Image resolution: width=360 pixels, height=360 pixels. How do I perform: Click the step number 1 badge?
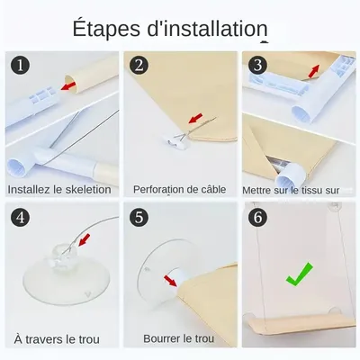(21, 65)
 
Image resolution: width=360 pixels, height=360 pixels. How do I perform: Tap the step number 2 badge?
(139, 65)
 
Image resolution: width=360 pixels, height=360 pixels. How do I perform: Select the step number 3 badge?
(257, 65)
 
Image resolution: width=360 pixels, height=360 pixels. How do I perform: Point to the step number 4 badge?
(21, 217)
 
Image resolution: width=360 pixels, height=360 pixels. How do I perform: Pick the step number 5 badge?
(139, 217)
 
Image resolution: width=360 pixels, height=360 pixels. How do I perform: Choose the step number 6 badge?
(257, 217)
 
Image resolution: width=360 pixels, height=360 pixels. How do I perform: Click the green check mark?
(299, 274)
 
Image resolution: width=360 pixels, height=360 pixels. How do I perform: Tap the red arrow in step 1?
(68, 85)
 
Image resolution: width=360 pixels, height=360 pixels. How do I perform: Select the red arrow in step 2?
(195, 118)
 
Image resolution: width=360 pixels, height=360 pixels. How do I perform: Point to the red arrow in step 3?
(313, 71)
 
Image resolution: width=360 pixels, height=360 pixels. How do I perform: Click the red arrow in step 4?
(85, 240)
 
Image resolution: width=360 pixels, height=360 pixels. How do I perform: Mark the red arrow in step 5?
(171, 281)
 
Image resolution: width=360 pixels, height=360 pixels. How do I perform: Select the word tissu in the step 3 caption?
(310, 190)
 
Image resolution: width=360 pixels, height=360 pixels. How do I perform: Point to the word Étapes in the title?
(106, 29)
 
